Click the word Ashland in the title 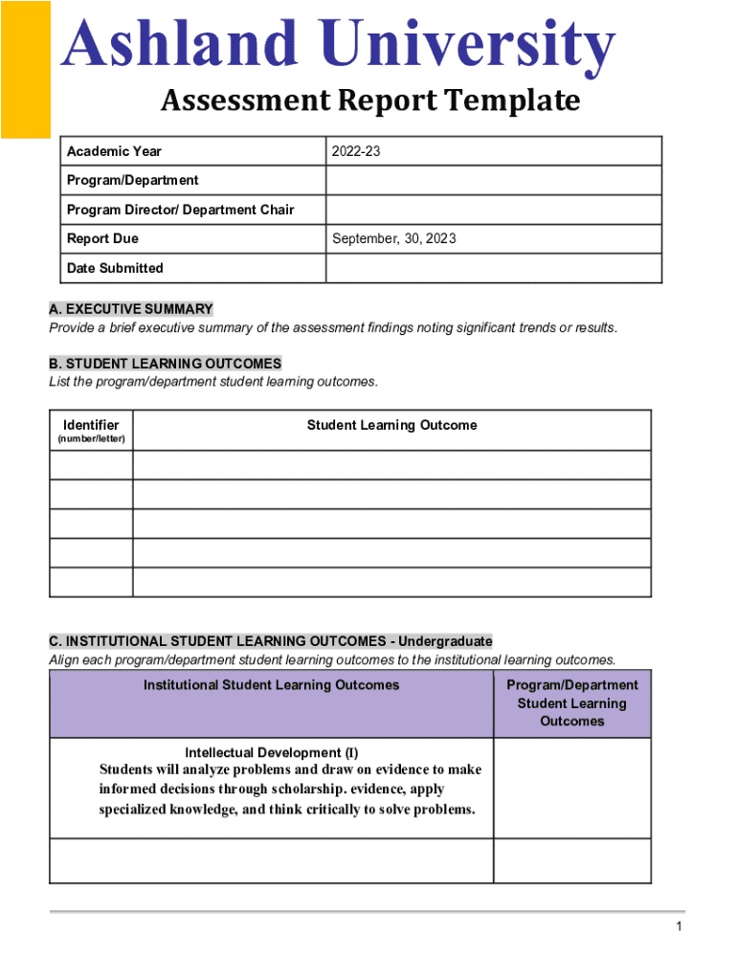pyautogui.click(x=180, y=46)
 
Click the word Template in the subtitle pyautogui.click(x=521, y=100)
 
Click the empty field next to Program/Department pyautogui.click(x=493, y=180)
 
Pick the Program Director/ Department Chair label pyautogui.click(x=180, y=210)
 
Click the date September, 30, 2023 pyautogui.click(x=393, y=238)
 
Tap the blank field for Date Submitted pyautogui.click(x=493, y=268)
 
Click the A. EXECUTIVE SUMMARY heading pyautogui.click(x=131, y=309)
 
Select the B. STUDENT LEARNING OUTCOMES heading pyautogui.click(x=166, y=364)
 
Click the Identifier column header pyautogui.click(x=91, y=425)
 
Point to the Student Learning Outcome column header pyautogui.click(x=391, y=425)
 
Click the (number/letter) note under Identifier pyautogui.click(x=91, y=439)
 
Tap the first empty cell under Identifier pyautogui.click(x=91, y=465)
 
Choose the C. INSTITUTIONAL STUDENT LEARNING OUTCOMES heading pyautogui.click(x=271, y=641)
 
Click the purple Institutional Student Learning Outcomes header pyautogui.click(x=271, y=685)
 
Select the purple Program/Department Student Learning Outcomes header pyautogui.click(x=571, y=703)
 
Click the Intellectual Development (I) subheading pyautogui.click(x=271, y=752)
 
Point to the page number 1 pyautogui.click(x=678, y=926)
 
